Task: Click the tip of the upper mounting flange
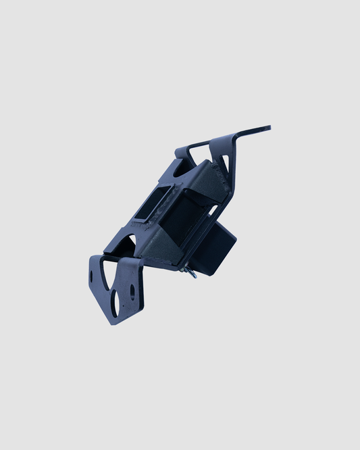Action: (x=268, y=127)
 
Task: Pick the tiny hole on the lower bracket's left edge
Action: (x=92, y=278)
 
